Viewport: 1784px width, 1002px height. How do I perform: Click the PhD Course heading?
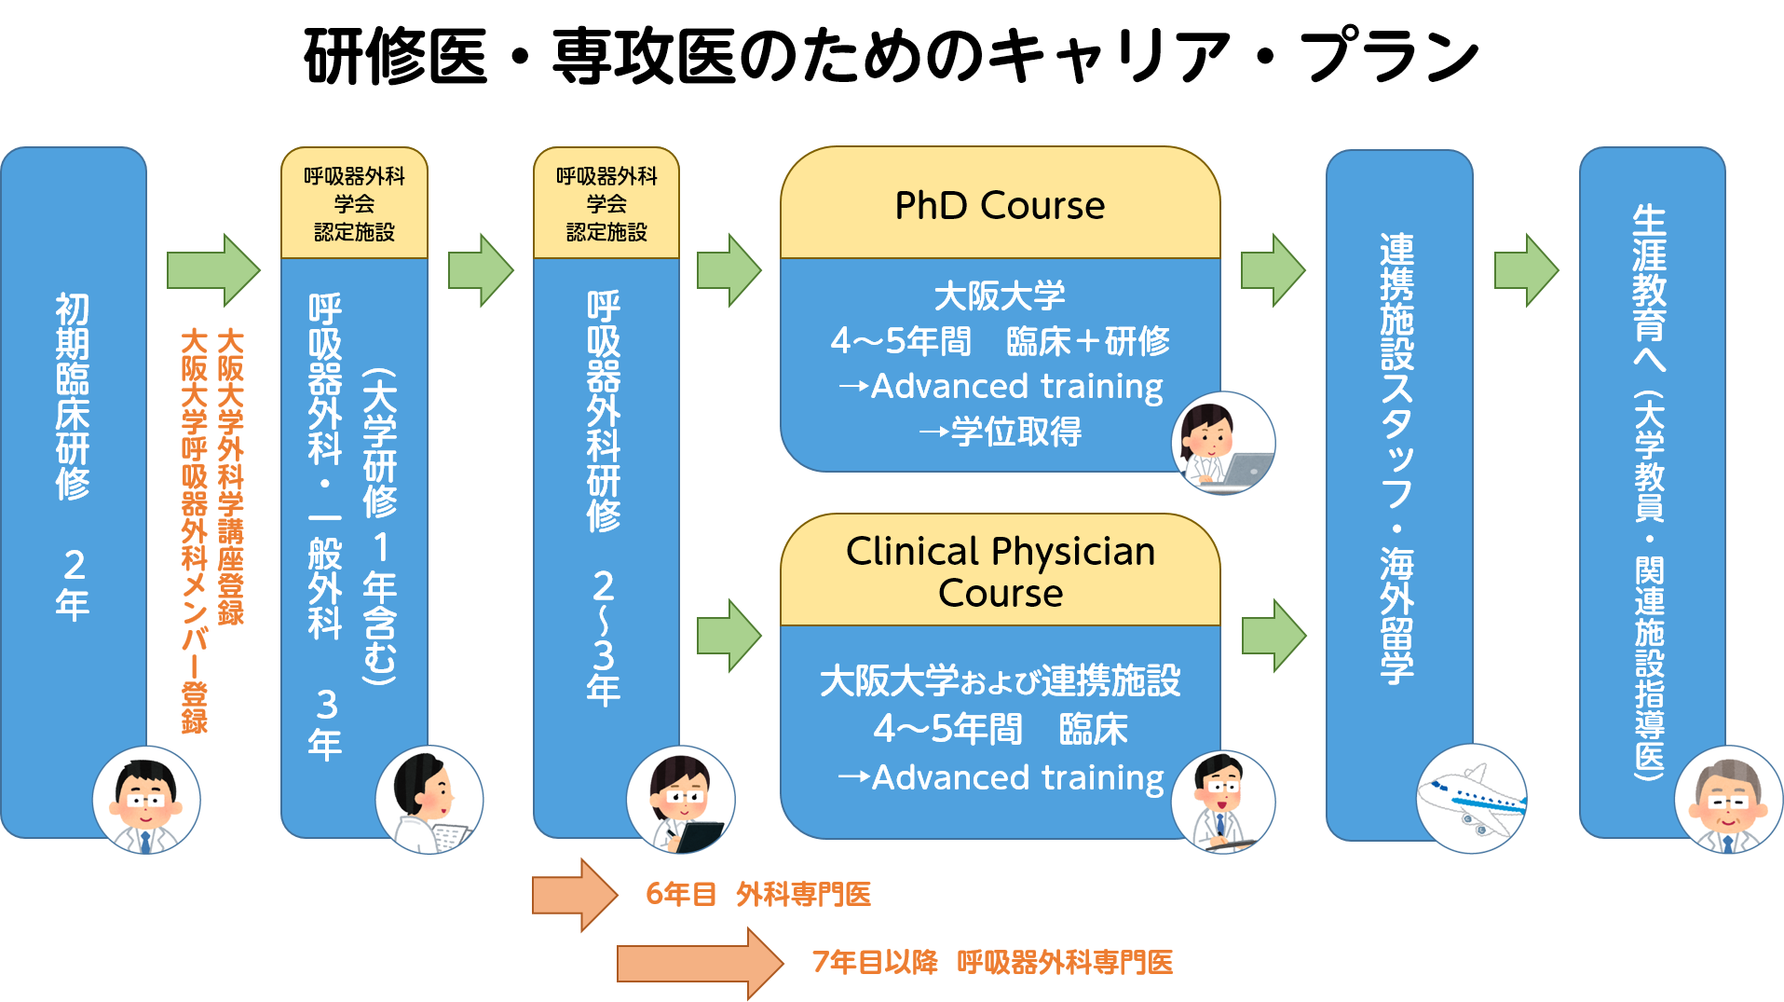tap(1000, 205)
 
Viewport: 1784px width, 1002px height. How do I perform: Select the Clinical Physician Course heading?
tap(1000, 571)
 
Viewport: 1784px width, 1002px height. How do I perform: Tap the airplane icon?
tap(1471, 799)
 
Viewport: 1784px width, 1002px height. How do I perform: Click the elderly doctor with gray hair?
tap(1728, 800)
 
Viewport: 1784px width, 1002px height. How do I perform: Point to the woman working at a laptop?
tap(1222, 444)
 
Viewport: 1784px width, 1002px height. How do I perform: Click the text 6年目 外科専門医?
tap(758, 895)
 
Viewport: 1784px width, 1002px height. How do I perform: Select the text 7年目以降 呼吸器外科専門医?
tap(992, 962)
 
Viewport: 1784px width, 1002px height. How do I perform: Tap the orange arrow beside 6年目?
tap(574, 895)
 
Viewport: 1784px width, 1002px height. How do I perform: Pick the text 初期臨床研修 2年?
tap(73, 457)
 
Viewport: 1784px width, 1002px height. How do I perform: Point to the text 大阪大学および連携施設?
tap(1000, 680)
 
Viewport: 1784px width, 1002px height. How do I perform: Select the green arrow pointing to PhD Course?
tap(729, 270)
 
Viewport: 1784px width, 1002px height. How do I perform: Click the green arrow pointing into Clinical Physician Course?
tap(729, 636)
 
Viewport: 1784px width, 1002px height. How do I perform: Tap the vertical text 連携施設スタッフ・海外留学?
tap(1397, 457)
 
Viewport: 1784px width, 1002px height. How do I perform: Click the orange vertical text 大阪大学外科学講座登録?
tap(230, 475)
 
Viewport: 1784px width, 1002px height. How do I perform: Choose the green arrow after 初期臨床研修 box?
tap(213, 270)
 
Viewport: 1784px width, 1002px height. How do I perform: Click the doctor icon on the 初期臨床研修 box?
tap(146, 800)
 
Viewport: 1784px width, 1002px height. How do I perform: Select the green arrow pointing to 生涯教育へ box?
tap(1526, 270)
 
